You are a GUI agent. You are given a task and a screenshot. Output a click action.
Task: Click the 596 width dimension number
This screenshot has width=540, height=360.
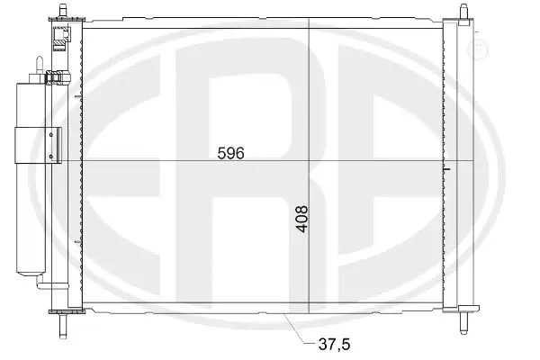[x=231, y=153]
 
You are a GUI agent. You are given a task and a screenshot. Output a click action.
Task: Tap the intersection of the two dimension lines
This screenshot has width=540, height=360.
[x=308, y=160]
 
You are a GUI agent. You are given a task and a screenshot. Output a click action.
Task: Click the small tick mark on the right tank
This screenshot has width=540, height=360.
[x=446, y=168]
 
